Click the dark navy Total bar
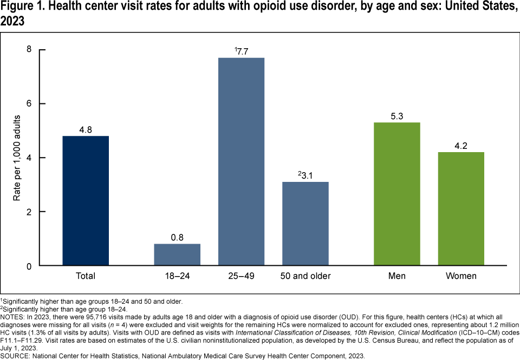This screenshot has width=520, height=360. [86, 201]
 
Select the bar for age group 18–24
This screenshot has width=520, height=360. [177, 255]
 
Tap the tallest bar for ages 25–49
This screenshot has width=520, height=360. [241, 162]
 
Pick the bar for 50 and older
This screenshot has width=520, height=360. [305, 224]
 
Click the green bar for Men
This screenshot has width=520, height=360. [397, 194]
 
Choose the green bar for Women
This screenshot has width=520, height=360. [461, 209]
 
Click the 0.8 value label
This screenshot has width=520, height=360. [177, 237]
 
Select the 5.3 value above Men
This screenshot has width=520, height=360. [397, 116]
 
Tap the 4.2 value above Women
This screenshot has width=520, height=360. [461, 146]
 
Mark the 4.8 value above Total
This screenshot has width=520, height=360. [86, 129]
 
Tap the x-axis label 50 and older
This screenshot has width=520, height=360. [305, 276]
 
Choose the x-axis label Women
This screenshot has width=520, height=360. [461, 276]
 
